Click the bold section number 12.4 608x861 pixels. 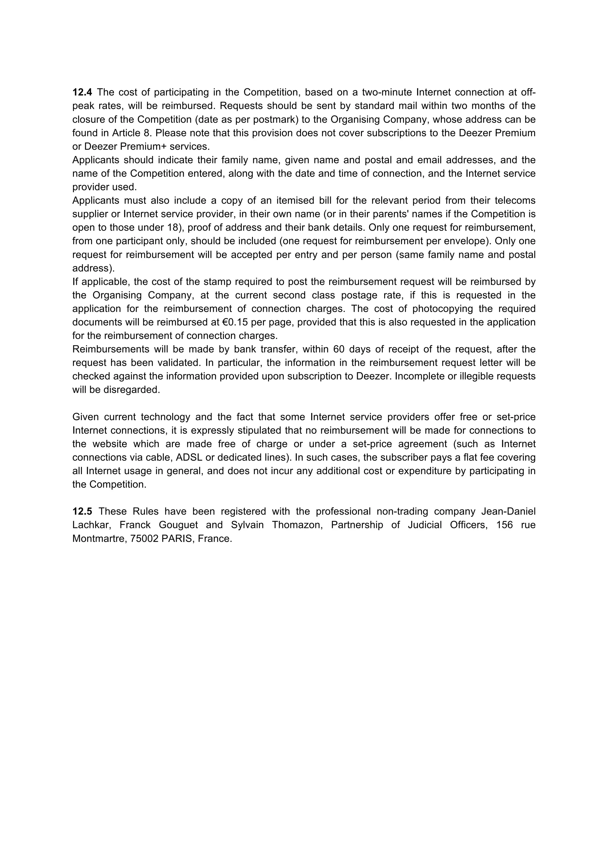coord(82,92)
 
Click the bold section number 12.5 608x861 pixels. coord(82,512)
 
